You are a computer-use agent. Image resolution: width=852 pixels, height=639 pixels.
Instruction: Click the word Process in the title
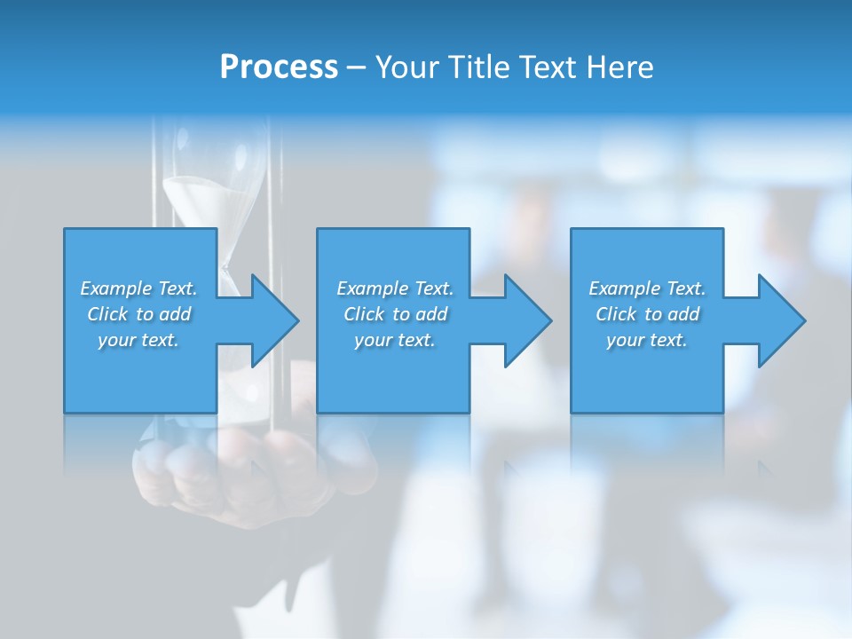(x=279, y=67)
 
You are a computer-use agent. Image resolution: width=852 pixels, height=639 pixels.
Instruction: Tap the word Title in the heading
(x=477, y=67)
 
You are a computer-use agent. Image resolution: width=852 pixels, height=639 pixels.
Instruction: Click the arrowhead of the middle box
(x=526, y=320)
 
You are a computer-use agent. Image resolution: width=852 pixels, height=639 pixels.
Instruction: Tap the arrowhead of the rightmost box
(x=780, y=320)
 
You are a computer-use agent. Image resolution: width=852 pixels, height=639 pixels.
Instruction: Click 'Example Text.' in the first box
(x=138, y=288)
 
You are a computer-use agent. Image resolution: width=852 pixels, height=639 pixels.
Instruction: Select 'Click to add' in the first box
(x=138, y=314)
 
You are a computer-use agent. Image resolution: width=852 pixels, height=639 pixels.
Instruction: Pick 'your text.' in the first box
(x=138, y=340)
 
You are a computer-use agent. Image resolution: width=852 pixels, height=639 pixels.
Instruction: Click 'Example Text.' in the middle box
(x=395, y=288)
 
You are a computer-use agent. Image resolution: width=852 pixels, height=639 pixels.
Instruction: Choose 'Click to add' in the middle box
(x=395, y=314)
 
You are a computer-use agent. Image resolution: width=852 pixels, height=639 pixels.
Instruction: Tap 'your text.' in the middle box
(x=395, y=340)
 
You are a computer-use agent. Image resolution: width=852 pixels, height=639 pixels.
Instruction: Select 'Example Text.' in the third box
(x=647, y=288)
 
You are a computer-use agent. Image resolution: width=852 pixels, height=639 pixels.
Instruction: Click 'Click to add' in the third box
(x=647, y=314)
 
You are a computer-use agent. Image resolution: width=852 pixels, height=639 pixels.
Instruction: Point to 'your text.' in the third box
(x=647, y=340)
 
